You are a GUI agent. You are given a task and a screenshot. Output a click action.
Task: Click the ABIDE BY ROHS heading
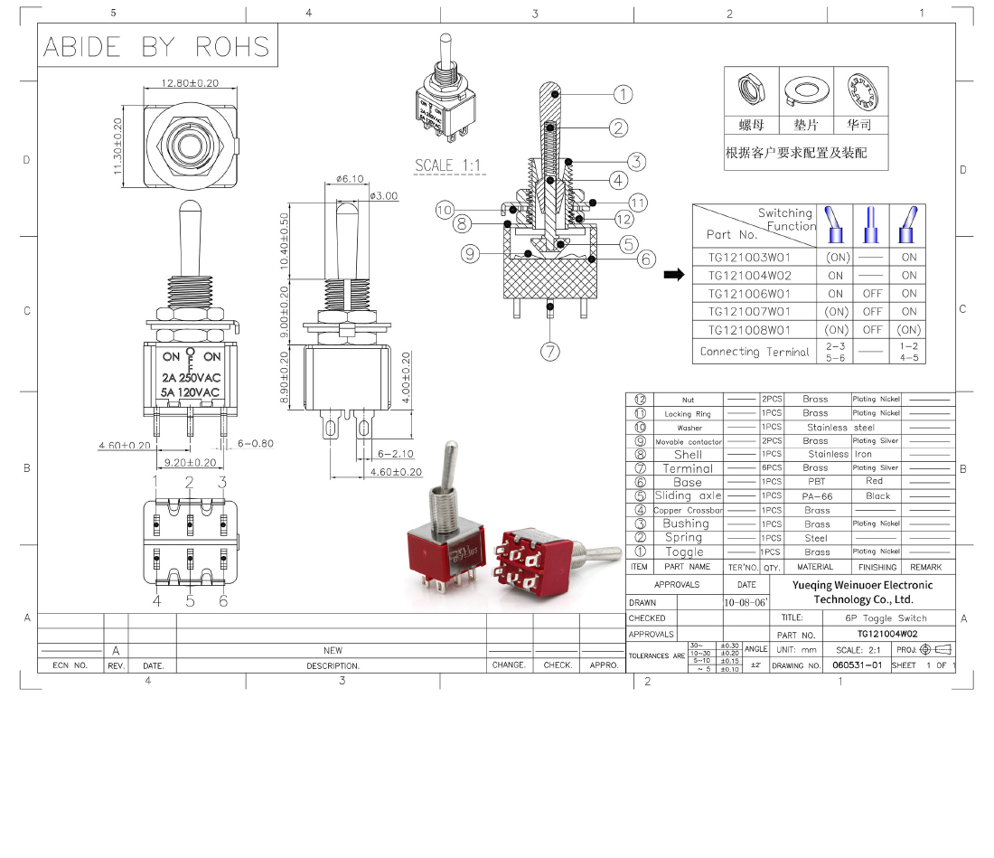[156, 46]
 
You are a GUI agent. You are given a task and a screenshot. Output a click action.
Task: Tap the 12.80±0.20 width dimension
[190, 82]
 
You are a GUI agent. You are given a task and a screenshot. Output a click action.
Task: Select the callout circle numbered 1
[623, 94]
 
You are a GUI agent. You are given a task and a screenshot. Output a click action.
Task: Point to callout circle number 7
[551, 352]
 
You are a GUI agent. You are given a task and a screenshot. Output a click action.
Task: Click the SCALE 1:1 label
[448, 165]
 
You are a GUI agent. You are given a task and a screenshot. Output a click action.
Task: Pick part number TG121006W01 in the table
[749, 293]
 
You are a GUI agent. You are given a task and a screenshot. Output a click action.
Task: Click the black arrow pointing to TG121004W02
[673, 275]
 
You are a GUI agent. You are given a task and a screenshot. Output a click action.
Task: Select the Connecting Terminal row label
[755, 352]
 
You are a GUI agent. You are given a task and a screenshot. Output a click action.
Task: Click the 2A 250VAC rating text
[191, 377]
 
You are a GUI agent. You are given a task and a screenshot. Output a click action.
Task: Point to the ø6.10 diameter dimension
[349, 179]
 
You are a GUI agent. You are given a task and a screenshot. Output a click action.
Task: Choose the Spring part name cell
[683, 537]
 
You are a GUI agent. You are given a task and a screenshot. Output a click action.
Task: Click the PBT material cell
[816, 482]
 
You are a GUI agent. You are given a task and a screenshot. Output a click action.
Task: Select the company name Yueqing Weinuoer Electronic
[862, 585]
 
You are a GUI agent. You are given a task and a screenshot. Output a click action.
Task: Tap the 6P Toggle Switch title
[886, 618]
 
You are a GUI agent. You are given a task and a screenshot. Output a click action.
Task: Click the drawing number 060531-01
[857, 665]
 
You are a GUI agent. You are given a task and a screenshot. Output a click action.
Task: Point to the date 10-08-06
[745, 601]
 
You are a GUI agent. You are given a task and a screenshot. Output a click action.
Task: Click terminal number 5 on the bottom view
[190, 599]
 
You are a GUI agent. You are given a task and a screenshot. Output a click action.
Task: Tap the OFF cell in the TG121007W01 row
[871, 312]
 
